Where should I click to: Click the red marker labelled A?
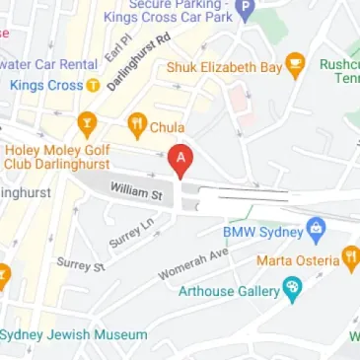[x=180, y=158]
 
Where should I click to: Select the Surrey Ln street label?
[x=132, y=235]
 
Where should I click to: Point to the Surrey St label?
[x=81, y=264]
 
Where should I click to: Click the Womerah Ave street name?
[x=193, y=263]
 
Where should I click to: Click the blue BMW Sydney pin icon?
[x=316, y=231]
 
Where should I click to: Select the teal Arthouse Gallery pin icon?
[x=291, y=290]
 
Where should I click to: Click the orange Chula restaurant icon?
[x=137, y=125]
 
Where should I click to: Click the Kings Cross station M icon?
[x=92, y=86]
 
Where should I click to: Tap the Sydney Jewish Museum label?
[x=73, y=335]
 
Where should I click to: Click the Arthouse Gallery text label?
[x=228, y=291]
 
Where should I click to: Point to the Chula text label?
[x=170, y=126]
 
